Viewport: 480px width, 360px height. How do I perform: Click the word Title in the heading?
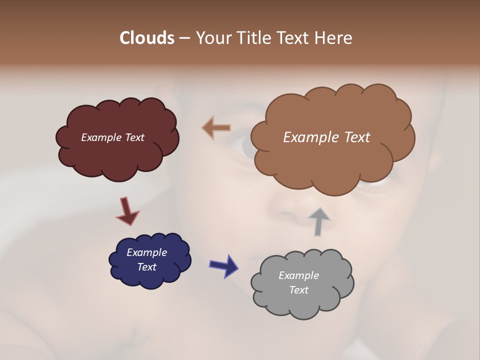click(x=250, y=38)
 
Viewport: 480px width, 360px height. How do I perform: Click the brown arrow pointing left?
click(x=216, y=128)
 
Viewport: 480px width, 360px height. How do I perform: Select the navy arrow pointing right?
click(x=223, y=265)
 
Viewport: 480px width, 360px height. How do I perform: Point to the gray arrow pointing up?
click(x=319, y=221)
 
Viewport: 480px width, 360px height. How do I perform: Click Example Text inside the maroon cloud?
click(x=112, y=137)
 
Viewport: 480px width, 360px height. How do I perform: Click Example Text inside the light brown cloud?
click(x=326, y=137)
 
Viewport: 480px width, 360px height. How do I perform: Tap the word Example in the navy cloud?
click(x=146, y=252)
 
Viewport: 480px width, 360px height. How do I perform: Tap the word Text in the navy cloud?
click(x=146, y=267)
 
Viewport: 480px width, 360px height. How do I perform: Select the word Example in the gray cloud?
click(x=298, y=275)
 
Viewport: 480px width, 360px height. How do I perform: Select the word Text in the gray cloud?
click(x=298, y=290)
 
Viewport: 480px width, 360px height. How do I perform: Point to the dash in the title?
click(x=184, y=38)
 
